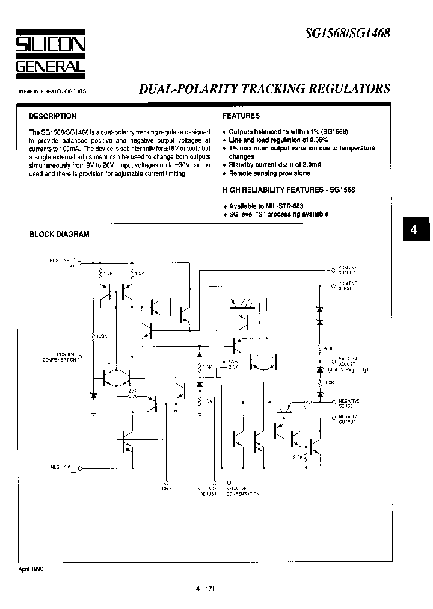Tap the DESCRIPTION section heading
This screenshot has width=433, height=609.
(53, 116)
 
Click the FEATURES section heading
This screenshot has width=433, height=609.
(241, 116)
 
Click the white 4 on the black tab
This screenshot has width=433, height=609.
(413, 230)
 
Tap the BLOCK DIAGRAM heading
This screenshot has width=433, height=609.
(60, 234)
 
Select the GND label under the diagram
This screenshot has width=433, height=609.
(167, 488)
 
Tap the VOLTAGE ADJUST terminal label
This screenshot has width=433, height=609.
(207, 490)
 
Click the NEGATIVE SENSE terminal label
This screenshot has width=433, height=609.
(349, 403)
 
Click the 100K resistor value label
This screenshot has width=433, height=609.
(100, 336)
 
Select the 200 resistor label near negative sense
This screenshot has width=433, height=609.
(307, 407)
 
